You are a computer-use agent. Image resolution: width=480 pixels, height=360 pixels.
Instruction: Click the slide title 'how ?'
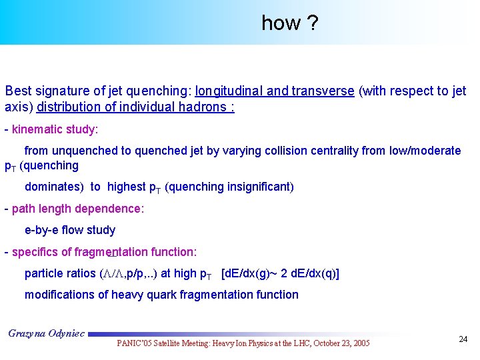pos(289,23)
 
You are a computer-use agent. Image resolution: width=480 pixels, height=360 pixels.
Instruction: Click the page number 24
pos(463,339)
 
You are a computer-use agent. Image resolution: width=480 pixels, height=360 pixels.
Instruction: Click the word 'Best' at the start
pos(17,91)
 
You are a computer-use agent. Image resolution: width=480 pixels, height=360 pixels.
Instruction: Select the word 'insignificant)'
pos(258,187)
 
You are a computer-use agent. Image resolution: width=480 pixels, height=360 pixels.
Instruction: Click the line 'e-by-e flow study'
pos(70,230)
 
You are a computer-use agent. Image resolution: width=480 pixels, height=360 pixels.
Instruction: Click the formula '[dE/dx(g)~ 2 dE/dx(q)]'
pos(280,273)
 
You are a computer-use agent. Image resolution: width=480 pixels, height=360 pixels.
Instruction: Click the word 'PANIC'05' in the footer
pos(136,343)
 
